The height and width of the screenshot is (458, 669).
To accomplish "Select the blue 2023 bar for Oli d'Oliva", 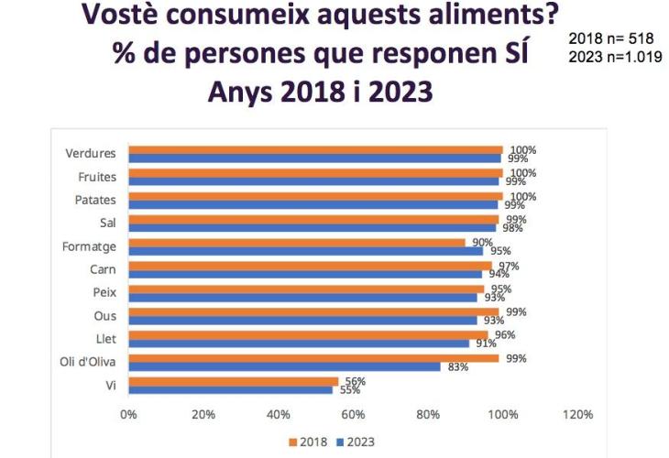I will pos(284,367).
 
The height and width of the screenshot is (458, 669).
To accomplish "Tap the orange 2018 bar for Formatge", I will pos(297,243).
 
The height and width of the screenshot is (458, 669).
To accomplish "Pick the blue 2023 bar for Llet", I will pos(299,343).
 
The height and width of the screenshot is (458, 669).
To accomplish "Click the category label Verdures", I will pos(92,154).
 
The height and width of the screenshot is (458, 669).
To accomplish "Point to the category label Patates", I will pos(94,200).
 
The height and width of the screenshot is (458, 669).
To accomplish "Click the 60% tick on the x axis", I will pos(353,415).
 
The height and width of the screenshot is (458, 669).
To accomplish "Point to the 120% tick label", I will pos(578,415).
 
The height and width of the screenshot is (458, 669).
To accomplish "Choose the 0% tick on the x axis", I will pos(128,415).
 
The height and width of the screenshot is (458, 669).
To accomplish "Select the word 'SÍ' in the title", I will pos(515,53).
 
